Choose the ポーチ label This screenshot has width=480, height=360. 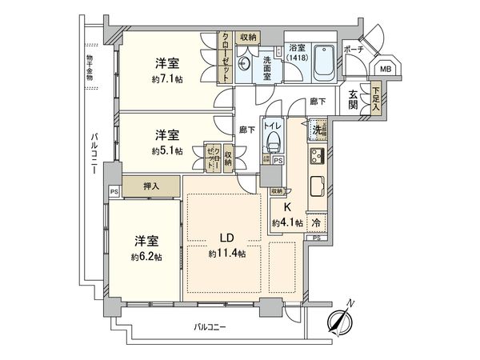[x=353, y=49]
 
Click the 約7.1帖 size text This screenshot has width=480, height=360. [x=166, y=79]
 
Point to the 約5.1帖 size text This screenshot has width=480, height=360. [x=166, y=150]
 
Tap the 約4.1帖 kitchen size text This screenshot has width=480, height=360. [x=286, y=222]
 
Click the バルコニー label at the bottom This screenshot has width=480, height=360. [x=210, y=327]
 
